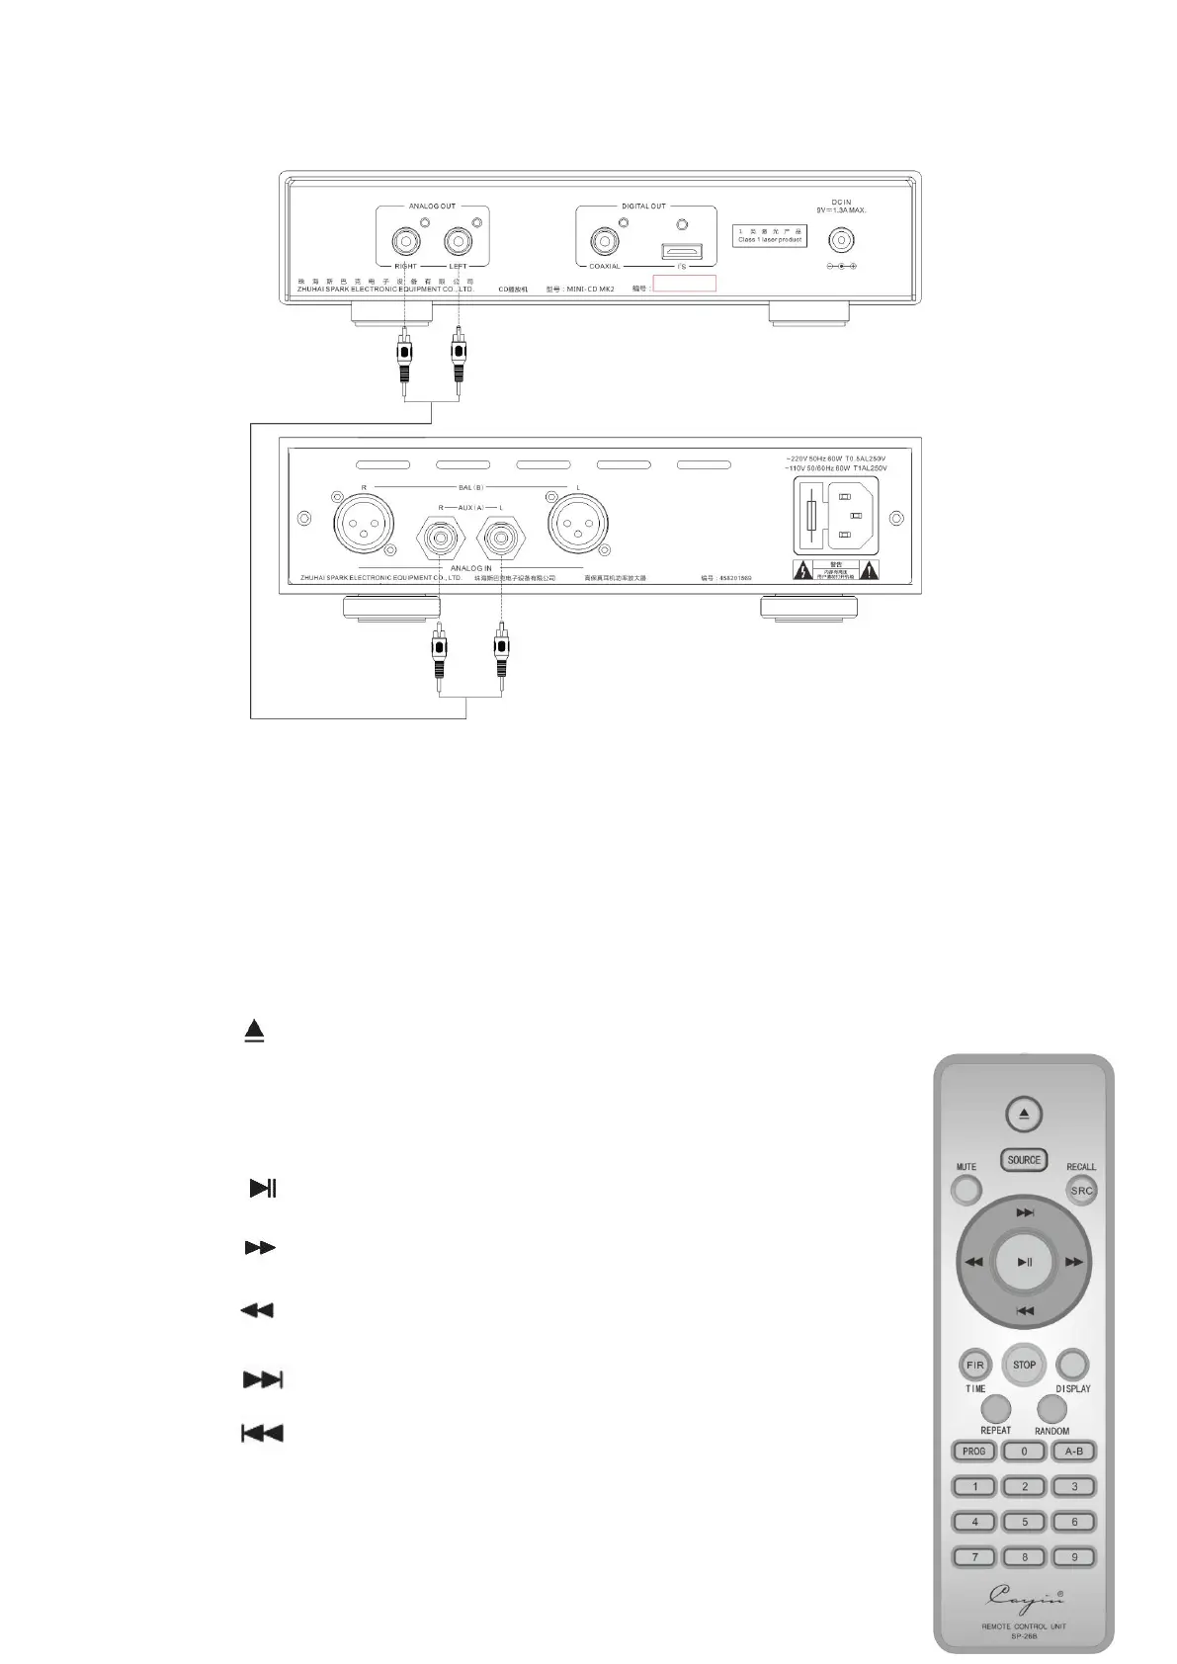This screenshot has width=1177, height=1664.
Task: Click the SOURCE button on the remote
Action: pos(1024,1160)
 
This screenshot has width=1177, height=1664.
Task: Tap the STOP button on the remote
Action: pos(1024,1365)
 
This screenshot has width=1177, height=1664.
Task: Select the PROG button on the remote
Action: pos(973,1452)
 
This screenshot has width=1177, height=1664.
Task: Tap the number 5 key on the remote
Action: pos(1025,1522)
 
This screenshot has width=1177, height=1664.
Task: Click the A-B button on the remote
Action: pos(1074,1452)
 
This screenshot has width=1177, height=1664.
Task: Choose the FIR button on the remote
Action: pos(975,1366)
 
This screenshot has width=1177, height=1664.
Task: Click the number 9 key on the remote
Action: pos(1074,1557)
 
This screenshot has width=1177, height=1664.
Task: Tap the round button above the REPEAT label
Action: pos(996,1408)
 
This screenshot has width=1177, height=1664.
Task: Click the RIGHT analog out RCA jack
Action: pos(405,240)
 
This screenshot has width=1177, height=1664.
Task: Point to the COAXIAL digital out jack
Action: pos(604,240)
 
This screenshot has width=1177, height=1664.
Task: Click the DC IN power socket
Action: pos(840,240)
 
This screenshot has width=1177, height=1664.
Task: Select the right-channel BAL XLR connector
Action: pos(363,518)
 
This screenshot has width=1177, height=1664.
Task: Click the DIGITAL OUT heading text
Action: pos(643,207)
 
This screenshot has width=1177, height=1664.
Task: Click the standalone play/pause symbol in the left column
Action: pos(262,1188)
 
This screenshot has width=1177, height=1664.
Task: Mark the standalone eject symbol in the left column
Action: pos(255,1031)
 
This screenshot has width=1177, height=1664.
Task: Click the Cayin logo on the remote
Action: pos(1024,1595)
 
